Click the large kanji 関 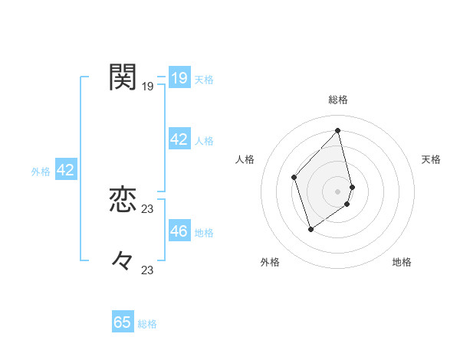[123, 77]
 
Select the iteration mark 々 [123, 260]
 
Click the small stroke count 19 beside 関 [148, 87]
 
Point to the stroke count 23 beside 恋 [148, 209]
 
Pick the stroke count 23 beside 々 [148, 270]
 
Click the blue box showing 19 [179, 77]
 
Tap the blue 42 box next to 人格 [179, 139]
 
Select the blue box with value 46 [179, 231]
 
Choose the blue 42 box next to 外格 [65, 170]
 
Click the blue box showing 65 [123, 322]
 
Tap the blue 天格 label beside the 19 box [204, 79]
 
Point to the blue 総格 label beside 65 [147, 324]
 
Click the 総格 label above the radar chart [338, 100]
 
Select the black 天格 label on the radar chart [431, 159]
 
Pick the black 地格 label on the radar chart [402, 262]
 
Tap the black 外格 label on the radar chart [270, 262]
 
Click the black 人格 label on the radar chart [245, 159]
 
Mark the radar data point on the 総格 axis [338, 130]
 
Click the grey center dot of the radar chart [338, 191]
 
